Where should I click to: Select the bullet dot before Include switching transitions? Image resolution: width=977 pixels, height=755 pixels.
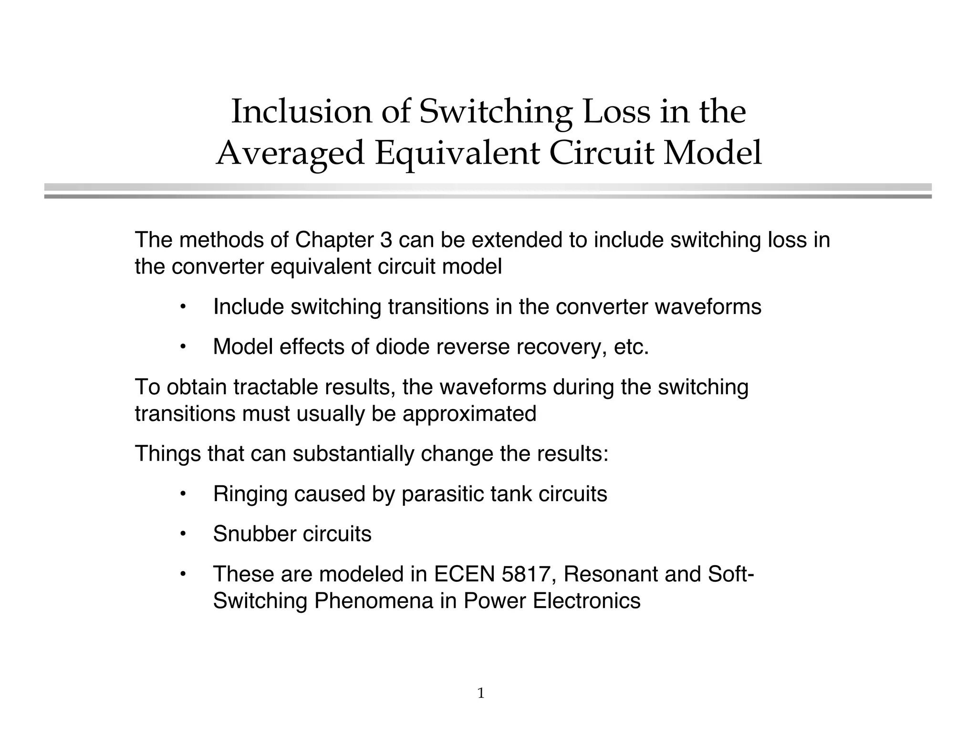click(182, 306)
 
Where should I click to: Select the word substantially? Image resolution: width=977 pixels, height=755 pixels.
click(353, 453)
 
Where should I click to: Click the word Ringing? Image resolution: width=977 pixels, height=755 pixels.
click(250, 494)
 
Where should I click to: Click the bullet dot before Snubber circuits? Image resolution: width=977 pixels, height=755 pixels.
click(182, 534)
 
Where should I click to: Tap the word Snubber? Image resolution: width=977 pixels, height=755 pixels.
click(254, 534)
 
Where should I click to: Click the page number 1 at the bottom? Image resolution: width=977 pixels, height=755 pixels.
click(481, 693)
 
